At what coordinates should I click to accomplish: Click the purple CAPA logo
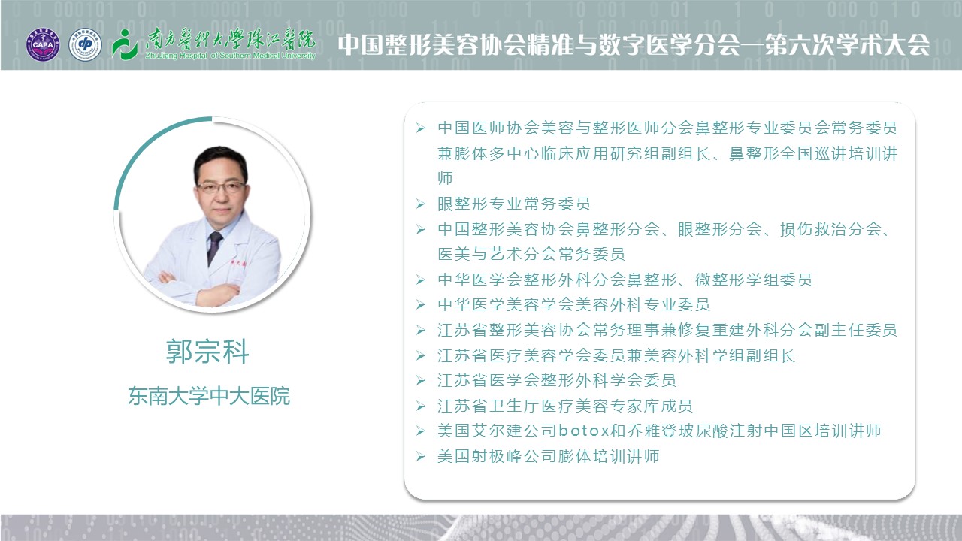click(43, 44)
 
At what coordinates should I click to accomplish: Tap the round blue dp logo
click(85, 44)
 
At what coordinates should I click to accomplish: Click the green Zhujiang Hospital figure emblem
click(124, 44)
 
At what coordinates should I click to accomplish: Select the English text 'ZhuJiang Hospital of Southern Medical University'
click(230, 56)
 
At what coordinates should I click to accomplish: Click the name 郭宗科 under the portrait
click(207, 351)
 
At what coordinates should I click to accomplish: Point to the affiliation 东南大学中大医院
click(209, 396)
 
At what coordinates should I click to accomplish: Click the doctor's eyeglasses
click(221, 187)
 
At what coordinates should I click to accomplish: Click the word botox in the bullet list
click(584, 431)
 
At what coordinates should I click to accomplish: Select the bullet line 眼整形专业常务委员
click(513, 204)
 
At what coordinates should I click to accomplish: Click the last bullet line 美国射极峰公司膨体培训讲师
click(548, 456)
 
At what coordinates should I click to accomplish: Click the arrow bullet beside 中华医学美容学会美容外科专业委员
click(420, 305)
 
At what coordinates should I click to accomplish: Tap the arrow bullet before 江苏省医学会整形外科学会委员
click(420, 381)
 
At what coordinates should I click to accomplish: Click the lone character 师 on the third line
click(445, 178)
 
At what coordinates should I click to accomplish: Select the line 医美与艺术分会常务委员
click(531, 254)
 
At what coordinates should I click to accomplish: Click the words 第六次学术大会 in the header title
click(847, 44)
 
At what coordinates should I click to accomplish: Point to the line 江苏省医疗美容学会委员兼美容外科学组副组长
click(616, 355)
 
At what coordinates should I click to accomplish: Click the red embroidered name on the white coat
click(237, 262)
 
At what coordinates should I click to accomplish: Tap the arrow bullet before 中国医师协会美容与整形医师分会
click(420, 128)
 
